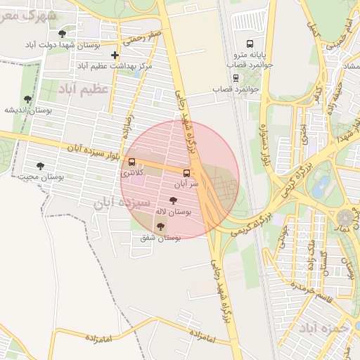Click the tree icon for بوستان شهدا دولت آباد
click(63, 34)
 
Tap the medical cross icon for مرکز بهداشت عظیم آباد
click(115, 55)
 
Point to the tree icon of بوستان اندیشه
click(28, 99)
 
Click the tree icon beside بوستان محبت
click(39, 167)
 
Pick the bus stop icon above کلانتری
click(132, 162)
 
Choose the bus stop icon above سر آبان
click(186, 173)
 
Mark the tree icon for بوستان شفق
click(161, 227)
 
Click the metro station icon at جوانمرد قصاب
click(234, 79)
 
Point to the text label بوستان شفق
click(161, 238)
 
